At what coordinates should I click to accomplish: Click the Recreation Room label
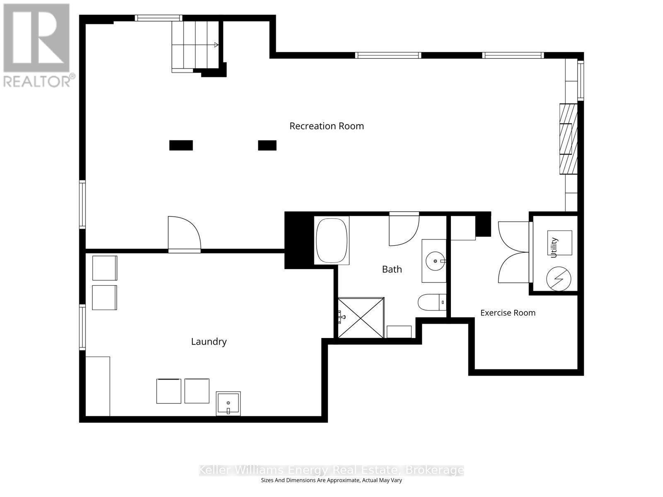327,126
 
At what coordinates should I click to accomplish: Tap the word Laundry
209,342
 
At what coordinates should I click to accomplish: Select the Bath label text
392,269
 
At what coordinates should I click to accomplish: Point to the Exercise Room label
508,313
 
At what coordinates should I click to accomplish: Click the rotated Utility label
554,247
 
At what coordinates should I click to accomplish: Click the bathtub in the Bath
331,241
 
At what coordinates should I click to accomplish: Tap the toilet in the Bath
432,302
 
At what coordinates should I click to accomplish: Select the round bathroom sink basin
435,261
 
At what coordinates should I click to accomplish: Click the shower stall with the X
361,318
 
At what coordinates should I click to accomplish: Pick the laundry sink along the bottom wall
228,403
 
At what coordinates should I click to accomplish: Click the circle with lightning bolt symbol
559,279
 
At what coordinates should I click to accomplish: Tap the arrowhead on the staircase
216,45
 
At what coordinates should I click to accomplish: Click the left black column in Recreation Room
181,145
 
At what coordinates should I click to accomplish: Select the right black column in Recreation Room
267,145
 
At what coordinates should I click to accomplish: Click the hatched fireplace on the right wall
569,139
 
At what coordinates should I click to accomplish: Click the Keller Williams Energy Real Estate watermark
331,470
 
